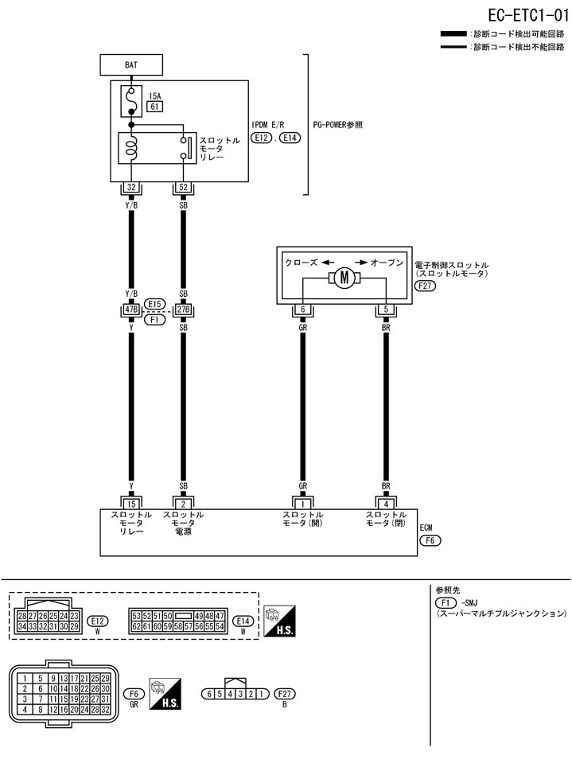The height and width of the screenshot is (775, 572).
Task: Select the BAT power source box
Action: pos(130,64)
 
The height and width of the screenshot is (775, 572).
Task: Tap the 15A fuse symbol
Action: pos(130,101)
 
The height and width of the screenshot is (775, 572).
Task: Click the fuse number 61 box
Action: pos(155,107)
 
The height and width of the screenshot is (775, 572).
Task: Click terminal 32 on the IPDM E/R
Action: pos(130,189)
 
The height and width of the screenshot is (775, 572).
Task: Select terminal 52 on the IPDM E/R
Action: pos(184,189)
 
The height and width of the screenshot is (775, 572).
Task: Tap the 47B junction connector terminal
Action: pos(130,309)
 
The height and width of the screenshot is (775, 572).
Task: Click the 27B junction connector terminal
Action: pos(184,309)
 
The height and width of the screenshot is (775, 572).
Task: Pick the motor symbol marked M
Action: pos(344,278)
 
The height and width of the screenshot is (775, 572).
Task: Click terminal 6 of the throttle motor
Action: pos(303,310)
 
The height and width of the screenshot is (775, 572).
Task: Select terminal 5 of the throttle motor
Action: pos(386,310)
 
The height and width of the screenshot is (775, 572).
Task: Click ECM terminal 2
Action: pos(184,503)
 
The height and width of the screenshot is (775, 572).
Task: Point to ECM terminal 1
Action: pos(303,503)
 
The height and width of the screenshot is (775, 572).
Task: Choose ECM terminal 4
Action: pos(386,503)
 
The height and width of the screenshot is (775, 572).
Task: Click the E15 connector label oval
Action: pos(155,303)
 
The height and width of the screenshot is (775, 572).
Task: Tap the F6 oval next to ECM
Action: pos(430,540)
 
